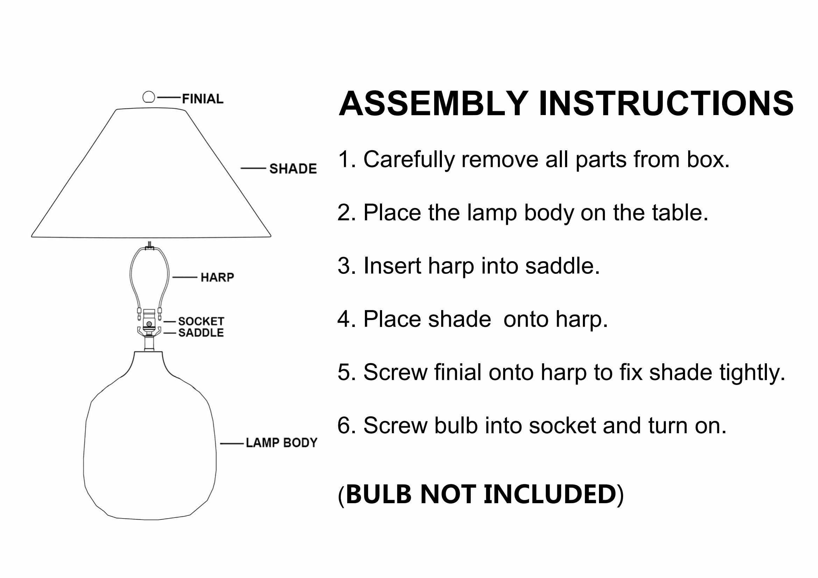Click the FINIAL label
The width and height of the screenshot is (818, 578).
point(203,99)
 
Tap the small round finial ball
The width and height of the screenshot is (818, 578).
point(149,97)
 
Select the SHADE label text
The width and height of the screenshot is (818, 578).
point(293,169)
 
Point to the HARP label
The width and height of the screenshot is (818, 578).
point(217,277)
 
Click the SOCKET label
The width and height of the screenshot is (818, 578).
point(201,321)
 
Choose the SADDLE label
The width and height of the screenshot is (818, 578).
point(201,333)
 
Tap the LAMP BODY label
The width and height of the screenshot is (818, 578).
point(281,443)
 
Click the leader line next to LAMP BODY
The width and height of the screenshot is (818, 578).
point(232,444)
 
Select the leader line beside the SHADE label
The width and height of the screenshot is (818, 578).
point(253,168)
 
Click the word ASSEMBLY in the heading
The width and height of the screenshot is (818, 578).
point(433,104)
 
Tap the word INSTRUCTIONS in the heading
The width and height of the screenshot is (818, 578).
point(666,104)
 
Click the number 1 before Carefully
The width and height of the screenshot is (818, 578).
point(344,159)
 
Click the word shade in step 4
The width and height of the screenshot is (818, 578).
point(459,319)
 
